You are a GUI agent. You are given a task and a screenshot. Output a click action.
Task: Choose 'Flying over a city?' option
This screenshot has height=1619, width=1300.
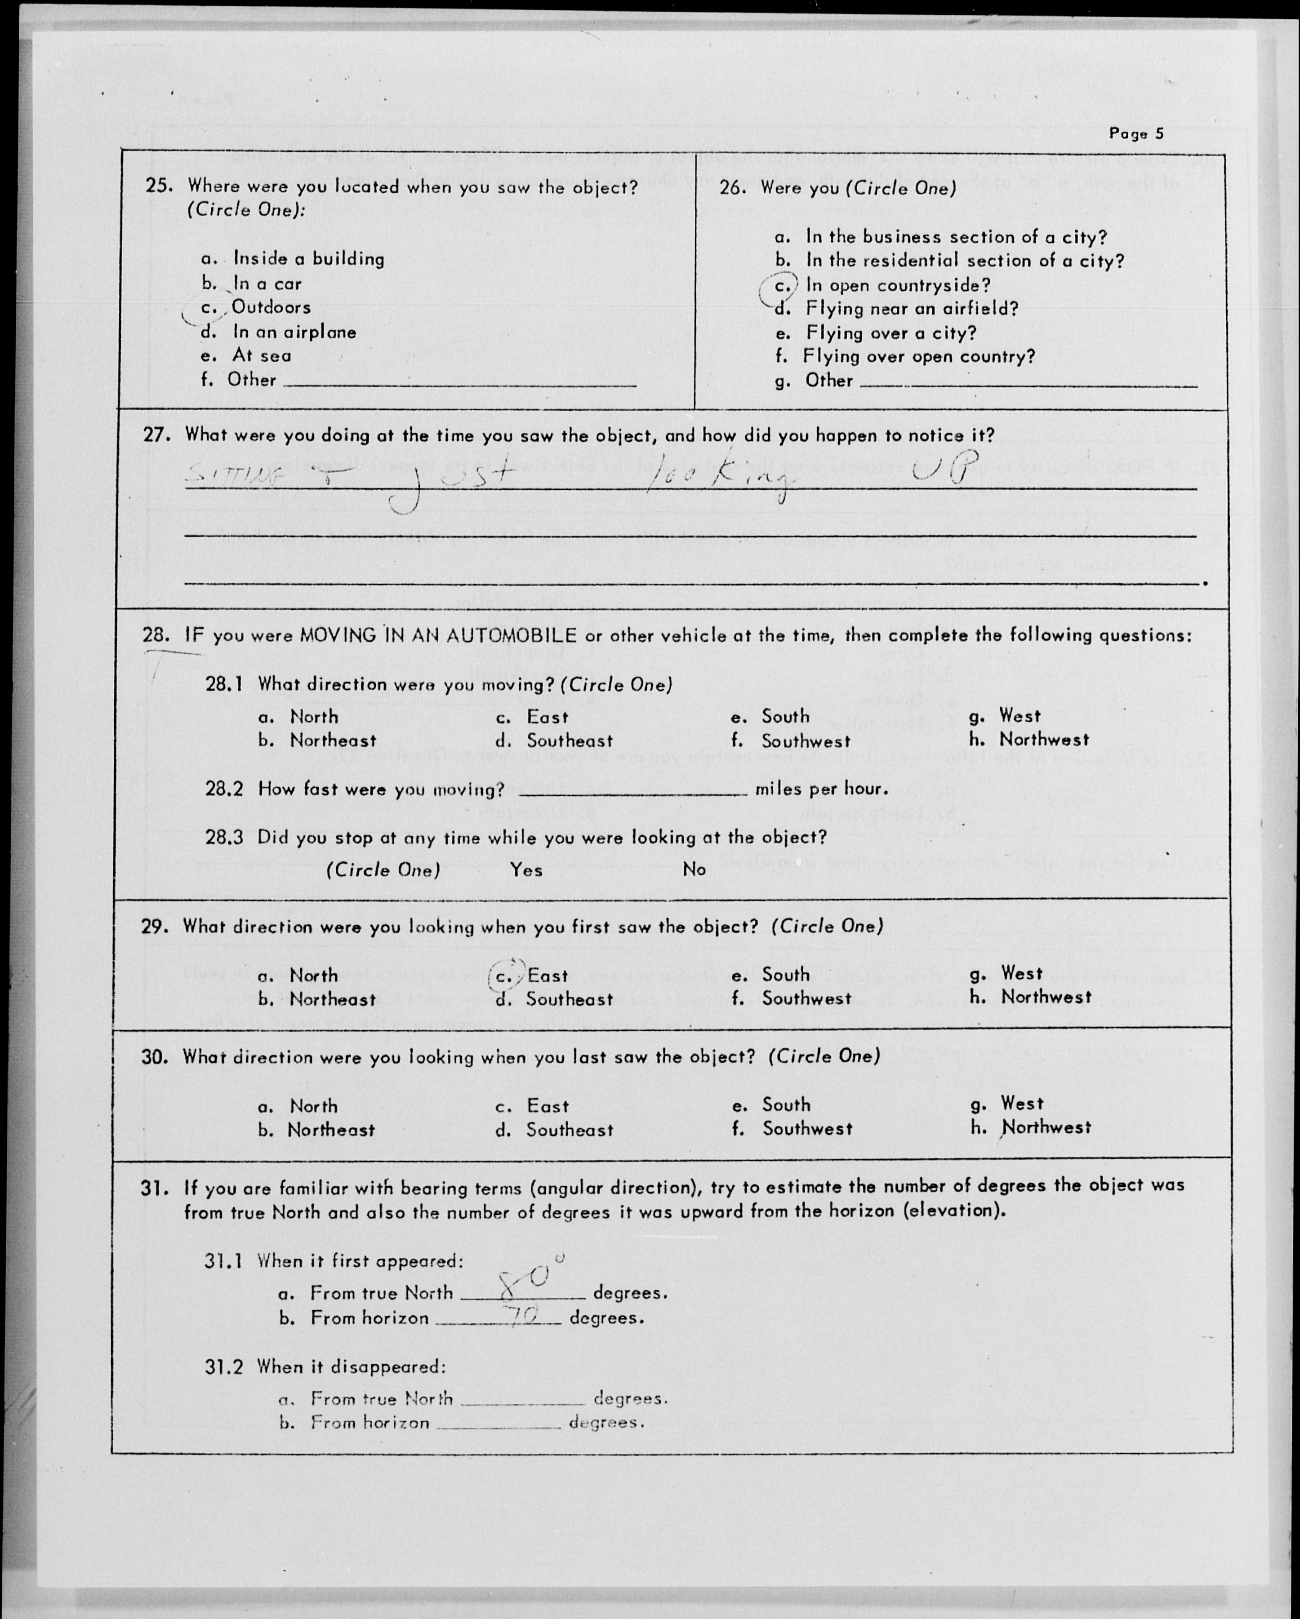coord(890,333)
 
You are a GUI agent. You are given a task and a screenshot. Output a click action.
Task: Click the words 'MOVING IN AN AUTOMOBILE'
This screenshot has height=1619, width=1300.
coord(438,635)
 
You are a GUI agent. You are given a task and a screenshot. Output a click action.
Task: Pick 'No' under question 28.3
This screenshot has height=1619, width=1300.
coord(694,869)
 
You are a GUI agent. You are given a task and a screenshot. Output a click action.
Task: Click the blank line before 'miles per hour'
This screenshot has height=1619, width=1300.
coord(632,791)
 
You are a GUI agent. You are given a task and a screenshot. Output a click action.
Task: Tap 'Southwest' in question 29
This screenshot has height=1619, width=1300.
coord(806,999)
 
